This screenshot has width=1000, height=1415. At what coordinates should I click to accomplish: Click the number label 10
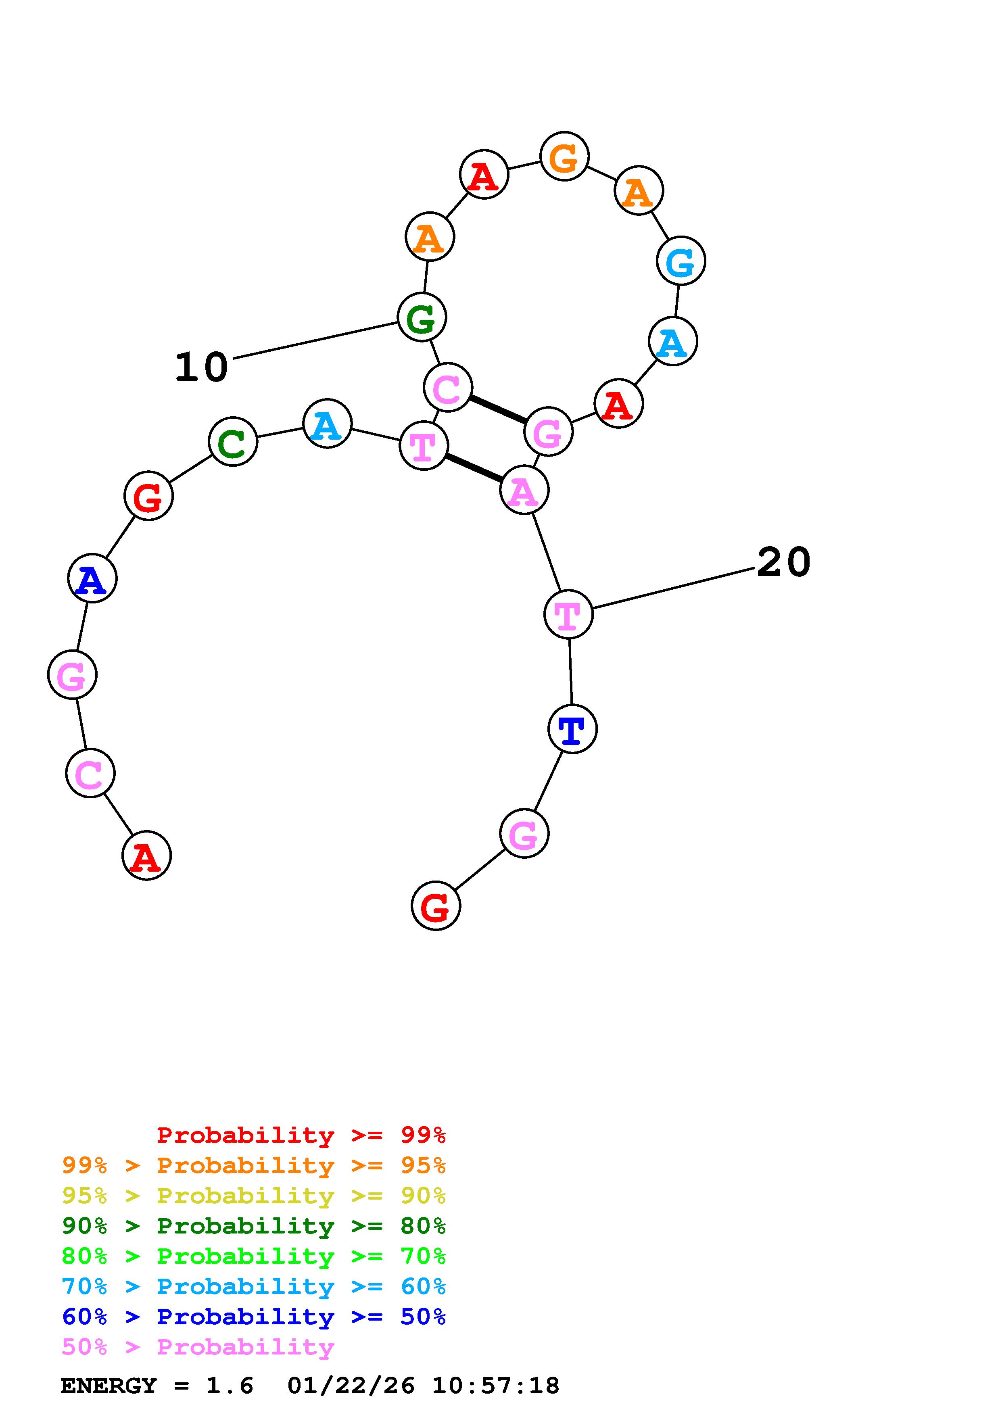(201, 367)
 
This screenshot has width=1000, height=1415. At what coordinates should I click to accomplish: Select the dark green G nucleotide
(422, 318)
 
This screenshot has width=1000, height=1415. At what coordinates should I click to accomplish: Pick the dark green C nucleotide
(233, 442)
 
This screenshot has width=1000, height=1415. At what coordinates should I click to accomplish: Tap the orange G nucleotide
(564, 157)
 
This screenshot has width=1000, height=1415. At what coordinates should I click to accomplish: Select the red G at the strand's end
(436, 906)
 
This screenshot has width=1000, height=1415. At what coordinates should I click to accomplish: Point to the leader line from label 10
(315, 339)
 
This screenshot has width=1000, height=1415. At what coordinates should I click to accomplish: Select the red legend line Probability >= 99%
(301, 1135)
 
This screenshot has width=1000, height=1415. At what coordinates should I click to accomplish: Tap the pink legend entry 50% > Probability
(198, 1347)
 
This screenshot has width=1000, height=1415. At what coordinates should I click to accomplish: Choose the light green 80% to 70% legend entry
(254, 1256)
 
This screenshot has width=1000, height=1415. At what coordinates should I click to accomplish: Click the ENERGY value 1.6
(229, 1386)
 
